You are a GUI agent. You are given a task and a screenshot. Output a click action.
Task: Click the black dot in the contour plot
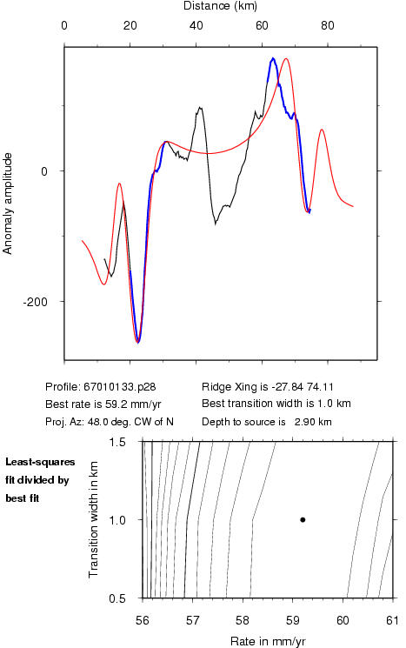point(303,519)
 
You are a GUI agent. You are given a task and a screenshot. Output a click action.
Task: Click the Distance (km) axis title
point(220,6)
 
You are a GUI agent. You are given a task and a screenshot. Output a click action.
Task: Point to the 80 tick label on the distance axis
point(328,25)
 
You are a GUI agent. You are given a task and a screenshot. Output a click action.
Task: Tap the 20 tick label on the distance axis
point(130,25)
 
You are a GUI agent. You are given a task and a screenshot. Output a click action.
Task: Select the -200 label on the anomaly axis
point(35,302)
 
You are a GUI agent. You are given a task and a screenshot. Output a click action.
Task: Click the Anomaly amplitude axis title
point(8,204)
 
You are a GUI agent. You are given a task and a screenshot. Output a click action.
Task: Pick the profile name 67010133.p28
point(120,387)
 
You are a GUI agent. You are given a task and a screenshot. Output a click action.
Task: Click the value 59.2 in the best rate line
point(111,404)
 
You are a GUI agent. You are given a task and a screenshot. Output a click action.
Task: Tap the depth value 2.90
point(303,422)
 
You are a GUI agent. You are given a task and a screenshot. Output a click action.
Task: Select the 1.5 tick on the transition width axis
point(117,442)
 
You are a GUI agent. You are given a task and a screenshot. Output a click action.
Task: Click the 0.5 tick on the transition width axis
point(117,598)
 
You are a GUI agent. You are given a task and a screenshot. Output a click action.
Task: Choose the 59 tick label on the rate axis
point(292,620)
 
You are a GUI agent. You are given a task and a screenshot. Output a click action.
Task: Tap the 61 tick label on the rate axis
point(392,620)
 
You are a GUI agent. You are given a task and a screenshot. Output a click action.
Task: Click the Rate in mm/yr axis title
point(268,641)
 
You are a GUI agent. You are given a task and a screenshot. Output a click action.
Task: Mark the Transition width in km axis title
point(94,519)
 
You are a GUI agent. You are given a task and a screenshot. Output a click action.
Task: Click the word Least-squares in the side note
point(40,462)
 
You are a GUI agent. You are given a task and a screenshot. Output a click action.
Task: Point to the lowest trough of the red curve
point(137,341)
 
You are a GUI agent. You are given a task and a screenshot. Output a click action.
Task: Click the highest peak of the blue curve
point(273,58)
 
